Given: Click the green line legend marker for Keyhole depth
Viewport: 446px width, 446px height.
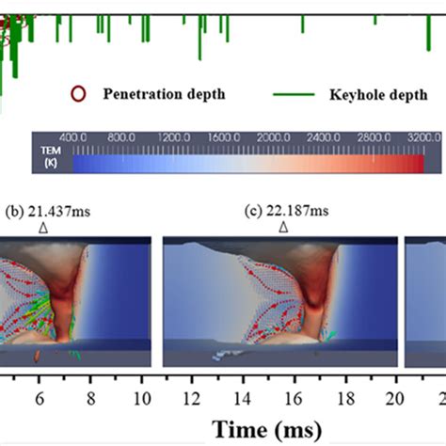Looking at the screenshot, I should (x=292, y=95).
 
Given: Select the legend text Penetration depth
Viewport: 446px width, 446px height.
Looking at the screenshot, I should (x=164, y=95).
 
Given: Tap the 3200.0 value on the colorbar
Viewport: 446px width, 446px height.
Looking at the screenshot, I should (x=422, y=137).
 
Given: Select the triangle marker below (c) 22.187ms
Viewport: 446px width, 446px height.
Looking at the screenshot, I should (x=280, y=227).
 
